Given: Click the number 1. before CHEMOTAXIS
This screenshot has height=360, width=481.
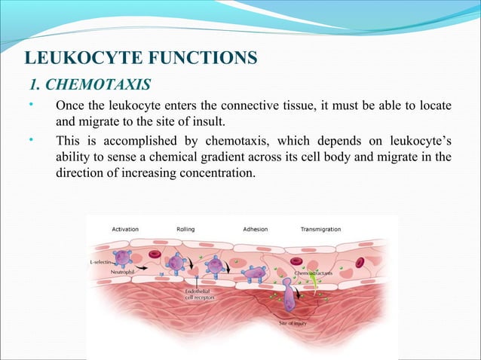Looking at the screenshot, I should click(x=36, y=81).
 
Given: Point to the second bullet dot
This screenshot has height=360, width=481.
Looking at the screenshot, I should click(x=31, y=139).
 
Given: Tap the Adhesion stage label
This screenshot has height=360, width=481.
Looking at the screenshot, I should click(x=255, y=229).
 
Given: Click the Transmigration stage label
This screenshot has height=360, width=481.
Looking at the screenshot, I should click(x=320, y=229).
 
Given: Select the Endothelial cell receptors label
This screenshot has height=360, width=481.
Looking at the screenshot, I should click(x=202, y=294).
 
